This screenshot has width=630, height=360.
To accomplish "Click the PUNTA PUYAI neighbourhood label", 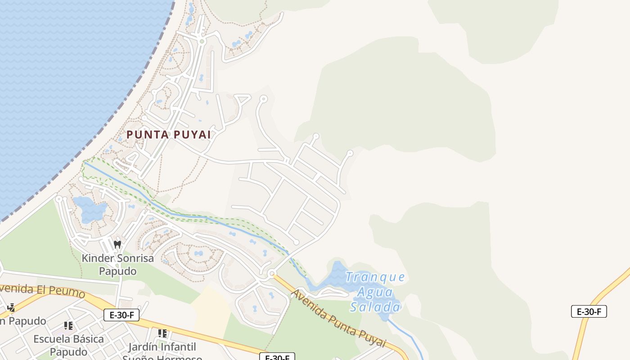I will [168, 135].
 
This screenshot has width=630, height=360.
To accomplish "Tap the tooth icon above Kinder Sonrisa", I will [117, 245].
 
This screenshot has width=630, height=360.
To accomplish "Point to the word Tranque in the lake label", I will [375, 277].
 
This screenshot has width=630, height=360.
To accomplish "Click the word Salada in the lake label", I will [375, 307].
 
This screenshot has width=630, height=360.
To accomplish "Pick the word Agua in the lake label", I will [375, 292].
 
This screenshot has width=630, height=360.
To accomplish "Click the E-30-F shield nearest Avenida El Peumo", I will [121, 315].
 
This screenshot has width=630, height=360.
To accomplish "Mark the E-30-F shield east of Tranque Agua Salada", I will [589, 311].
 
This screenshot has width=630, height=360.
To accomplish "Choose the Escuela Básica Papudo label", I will [68, 345].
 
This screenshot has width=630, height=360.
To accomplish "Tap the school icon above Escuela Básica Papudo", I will [68, 325].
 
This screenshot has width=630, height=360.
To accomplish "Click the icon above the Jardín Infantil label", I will [162, 333].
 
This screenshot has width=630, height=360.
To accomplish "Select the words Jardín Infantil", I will [162, 347].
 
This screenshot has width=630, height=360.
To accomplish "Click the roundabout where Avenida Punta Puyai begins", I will [271, 274].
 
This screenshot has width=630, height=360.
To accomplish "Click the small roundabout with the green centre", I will [202, 41].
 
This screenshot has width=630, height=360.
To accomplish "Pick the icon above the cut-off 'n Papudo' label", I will [11, 308].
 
